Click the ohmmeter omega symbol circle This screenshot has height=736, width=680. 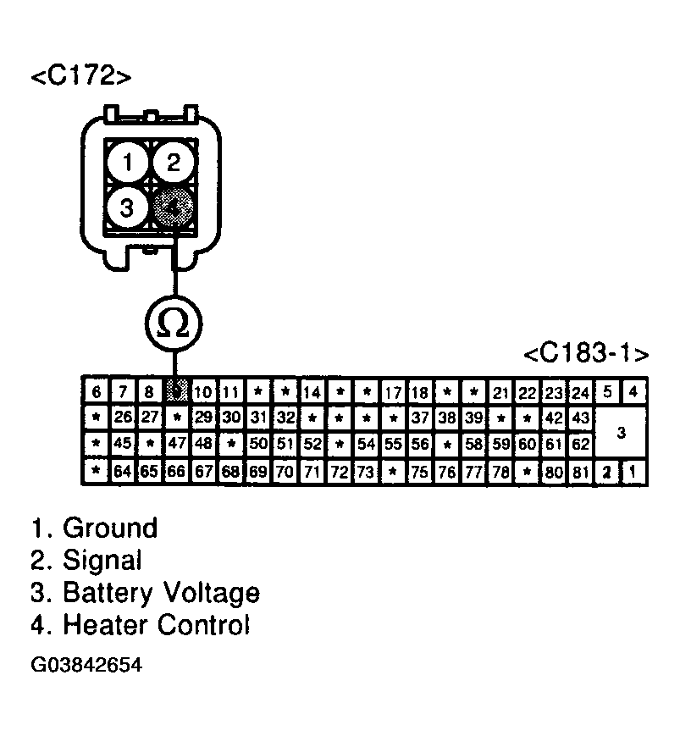point(174,323)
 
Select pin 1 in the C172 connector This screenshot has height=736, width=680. point(128,163)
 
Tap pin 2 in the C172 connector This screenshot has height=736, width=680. point(174,163)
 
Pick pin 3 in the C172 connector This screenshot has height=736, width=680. point(128,208)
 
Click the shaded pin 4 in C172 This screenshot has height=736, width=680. point(174,207)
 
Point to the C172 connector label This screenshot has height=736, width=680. point(81,76)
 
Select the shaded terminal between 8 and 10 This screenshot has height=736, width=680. point(177,392)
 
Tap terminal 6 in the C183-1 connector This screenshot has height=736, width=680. point(97,392)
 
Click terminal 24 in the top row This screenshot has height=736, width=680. point(580,392)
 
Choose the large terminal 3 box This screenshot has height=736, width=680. point(621,433)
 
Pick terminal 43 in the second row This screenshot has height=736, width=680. point(580,418)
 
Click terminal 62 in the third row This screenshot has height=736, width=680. point(580,442)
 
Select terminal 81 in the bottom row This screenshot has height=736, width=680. point(580,472)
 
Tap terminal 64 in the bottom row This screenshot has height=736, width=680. point(123,472)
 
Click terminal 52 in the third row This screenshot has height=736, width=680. point(312,442)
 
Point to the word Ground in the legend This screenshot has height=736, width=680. point(110,528)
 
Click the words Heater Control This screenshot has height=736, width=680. point(157,625)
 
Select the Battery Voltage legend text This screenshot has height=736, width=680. point(161,592)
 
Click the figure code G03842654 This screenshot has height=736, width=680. point(86,665)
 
